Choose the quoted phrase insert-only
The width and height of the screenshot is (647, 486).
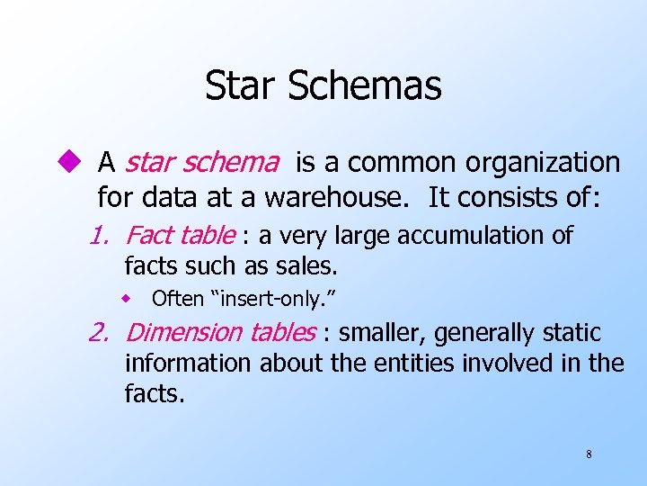(x=270, y=299)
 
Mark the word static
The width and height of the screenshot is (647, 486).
(x=572, y=333)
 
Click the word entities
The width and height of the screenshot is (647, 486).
(x=400, y=364)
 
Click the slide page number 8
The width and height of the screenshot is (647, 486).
(x=589, y=454)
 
